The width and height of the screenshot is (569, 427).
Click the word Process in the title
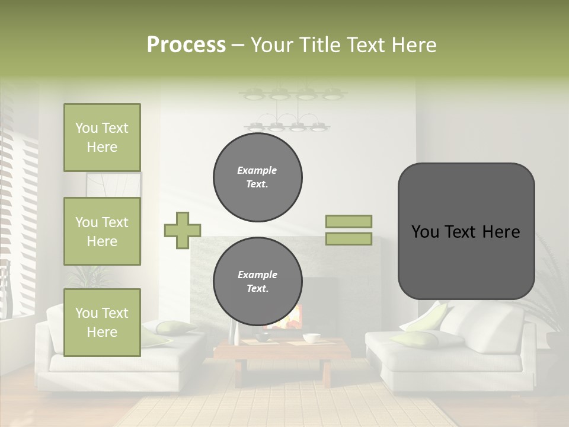(186, 45)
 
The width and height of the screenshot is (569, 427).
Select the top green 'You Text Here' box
(102, 138)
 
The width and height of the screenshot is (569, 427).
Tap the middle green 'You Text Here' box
(102, 231)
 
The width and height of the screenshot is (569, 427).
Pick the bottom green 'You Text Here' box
(102, 323)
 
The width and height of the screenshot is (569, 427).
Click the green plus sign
(183, 230)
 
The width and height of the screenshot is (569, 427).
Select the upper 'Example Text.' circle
(258, 177)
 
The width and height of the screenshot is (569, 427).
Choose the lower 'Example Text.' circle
(258, 282)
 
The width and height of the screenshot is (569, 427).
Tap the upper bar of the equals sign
(349, 221)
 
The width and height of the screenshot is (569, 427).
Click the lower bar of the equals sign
(349, 238)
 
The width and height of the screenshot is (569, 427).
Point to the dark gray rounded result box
(466, 231)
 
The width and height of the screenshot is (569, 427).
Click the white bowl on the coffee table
(311, 338)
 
